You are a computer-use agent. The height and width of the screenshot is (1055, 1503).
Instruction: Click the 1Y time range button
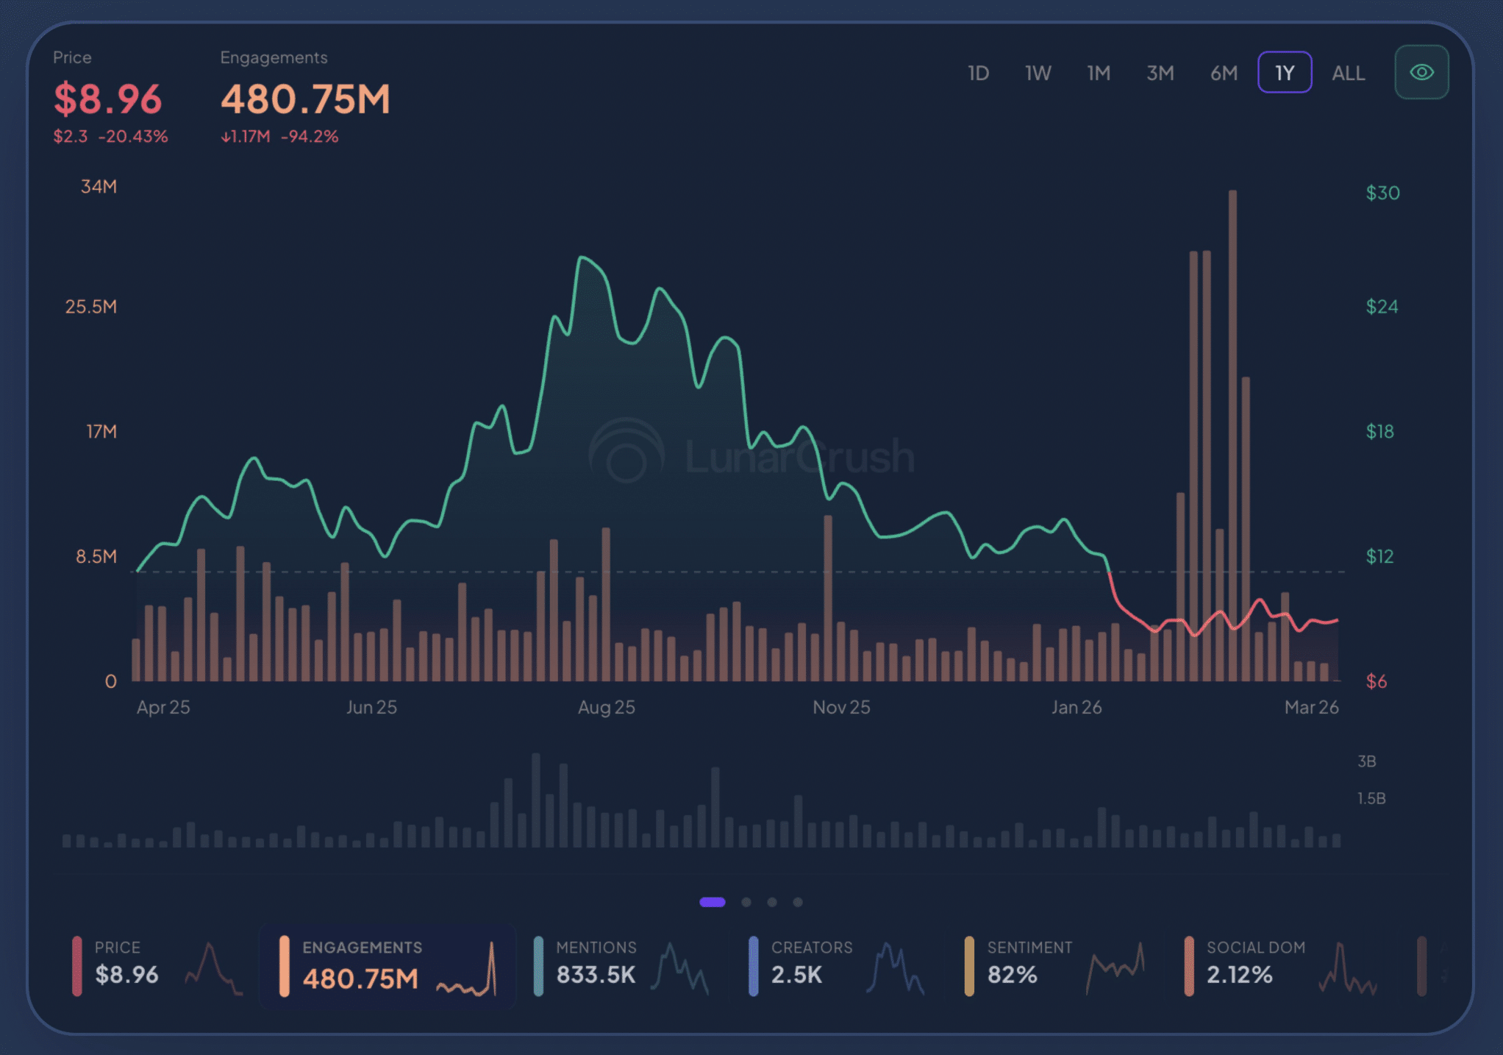[1284, 73]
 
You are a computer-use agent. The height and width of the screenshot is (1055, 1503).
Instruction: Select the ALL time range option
[1348, 73]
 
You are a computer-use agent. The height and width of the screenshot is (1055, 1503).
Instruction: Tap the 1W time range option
[1038, 73]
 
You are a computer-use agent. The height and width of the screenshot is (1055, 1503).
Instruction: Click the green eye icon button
[1421, 72]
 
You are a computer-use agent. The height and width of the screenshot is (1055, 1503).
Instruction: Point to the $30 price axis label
[1382, 193]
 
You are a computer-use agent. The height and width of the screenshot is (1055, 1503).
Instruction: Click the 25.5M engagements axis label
[91, 307]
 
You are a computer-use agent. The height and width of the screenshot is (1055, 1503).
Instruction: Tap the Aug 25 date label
[606, 707]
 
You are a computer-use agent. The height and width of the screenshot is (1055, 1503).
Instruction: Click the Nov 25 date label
[841, 707]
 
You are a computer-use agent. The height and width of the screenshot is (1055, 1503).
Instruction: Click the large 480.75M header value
[305, 99]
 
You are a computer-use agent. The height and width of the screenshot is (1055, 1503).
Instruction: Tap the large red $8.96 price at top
[107, 99]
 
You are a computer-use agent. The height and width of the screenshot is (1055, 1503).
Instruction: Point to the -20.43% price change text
[133, 136]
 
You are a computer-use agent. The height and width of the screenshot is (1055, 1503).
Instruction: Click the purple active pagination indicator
[712, 902]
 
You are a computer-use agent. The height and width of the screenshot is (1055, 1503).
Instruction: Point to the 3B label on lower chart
[1366, 761]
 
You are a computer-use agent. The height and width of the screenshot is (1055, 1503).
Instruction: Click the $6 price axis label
[1376, 682]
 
